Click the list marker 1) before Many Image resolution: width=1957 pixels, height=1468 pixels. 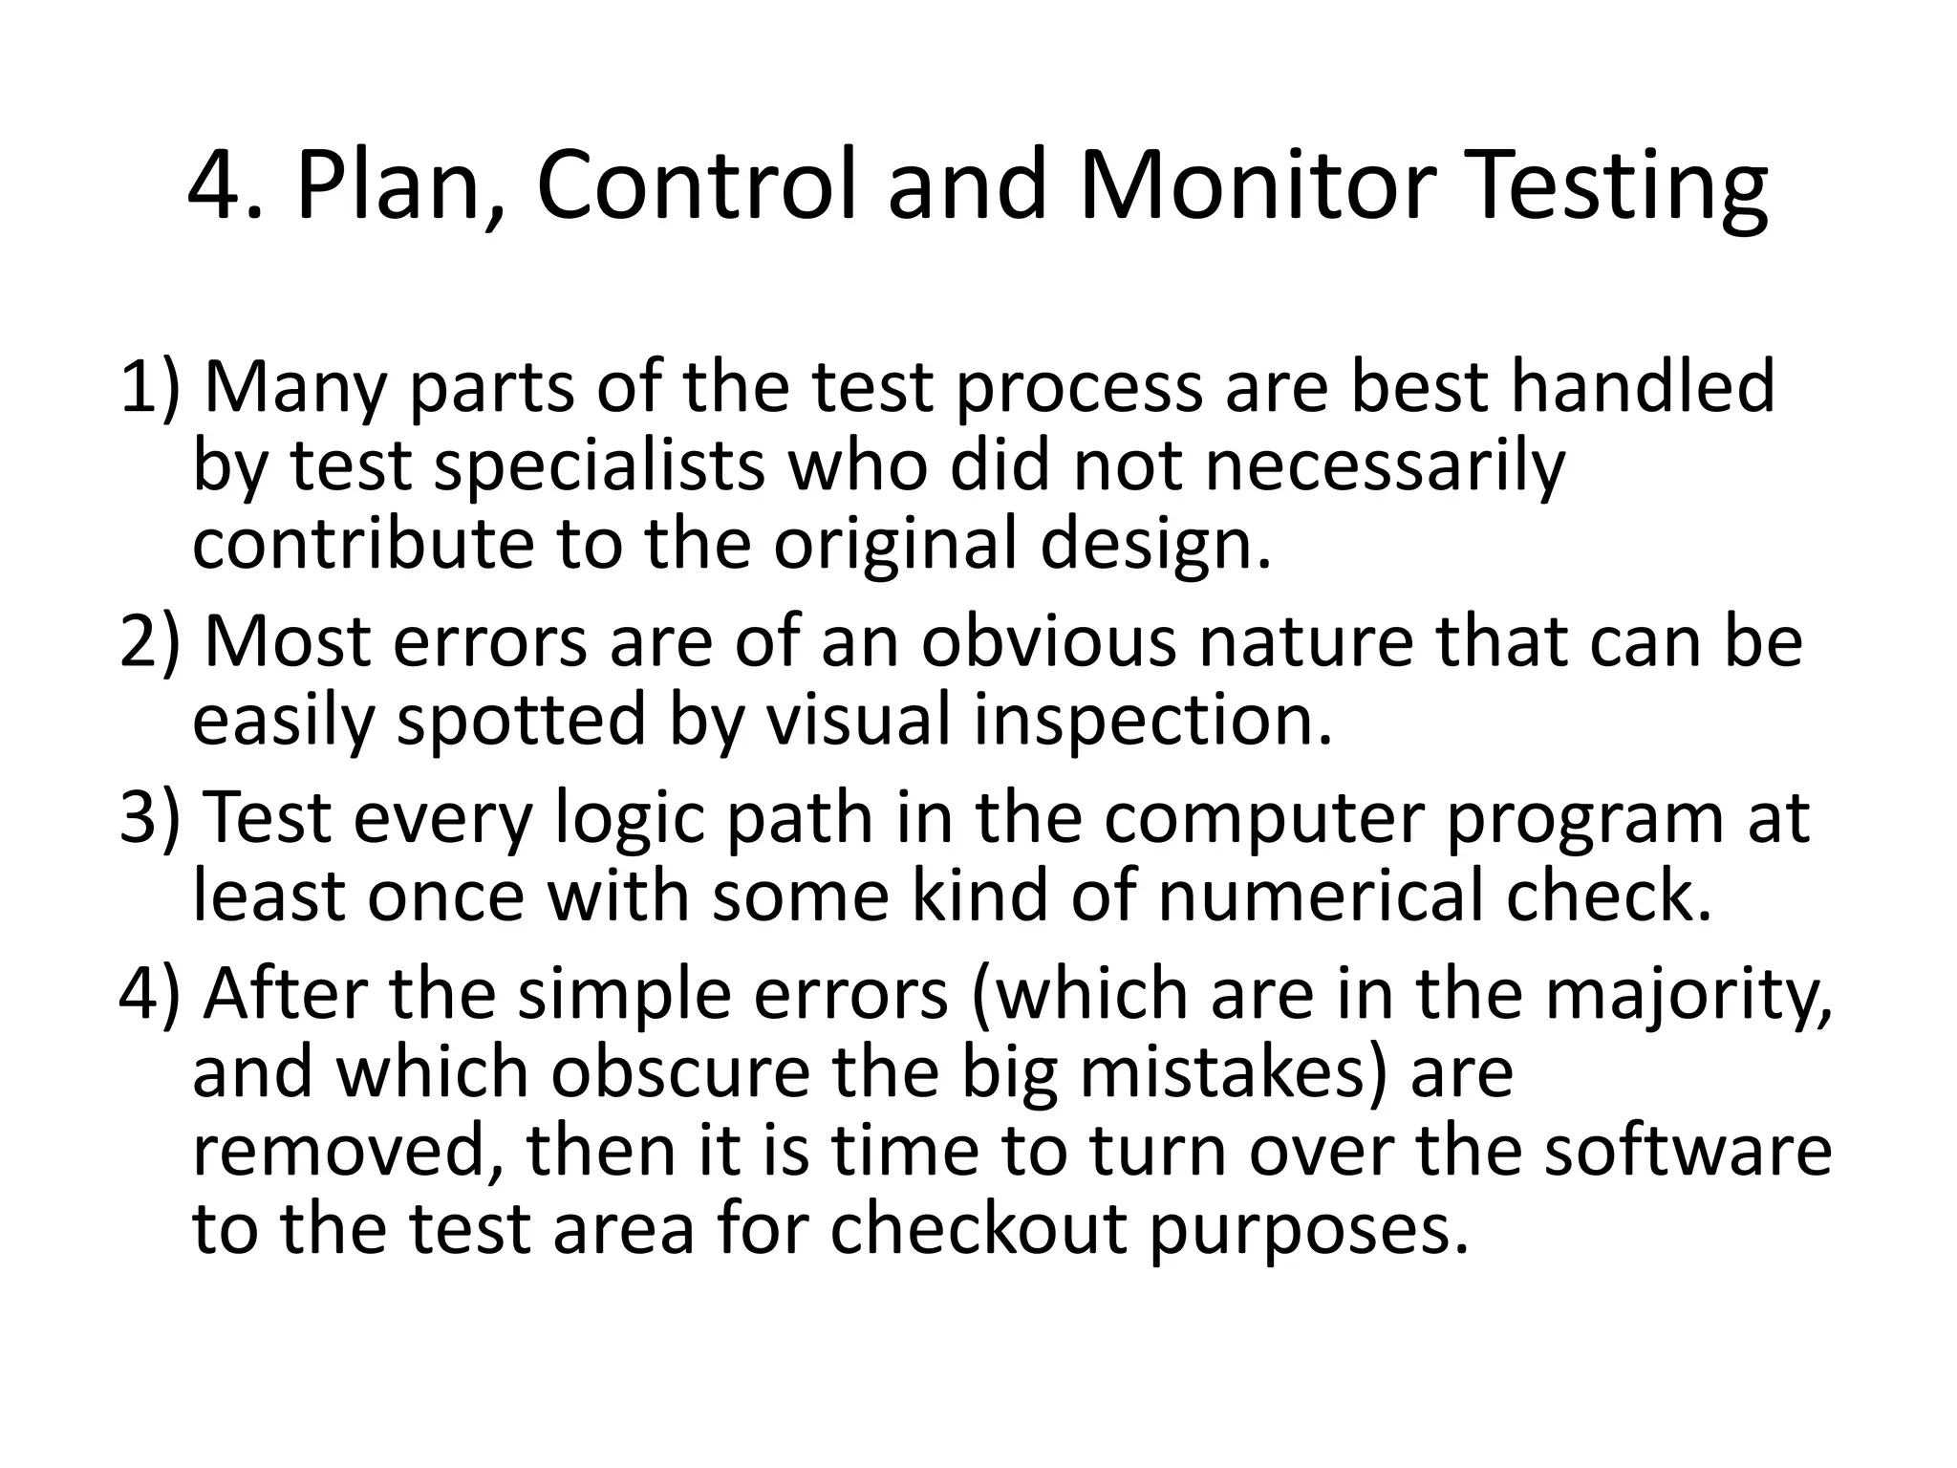tap(149, 387)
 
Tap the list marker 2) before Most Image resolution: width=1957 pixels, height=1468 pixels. tap(149, 642)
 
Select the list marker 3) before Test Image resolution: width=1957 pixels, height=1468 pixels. tap(149, 818)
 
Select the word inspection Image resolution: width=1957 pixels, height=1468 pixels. tap(1152, 721)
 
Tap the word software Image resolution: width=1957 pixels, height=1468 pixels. tap(1688, 1151)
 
